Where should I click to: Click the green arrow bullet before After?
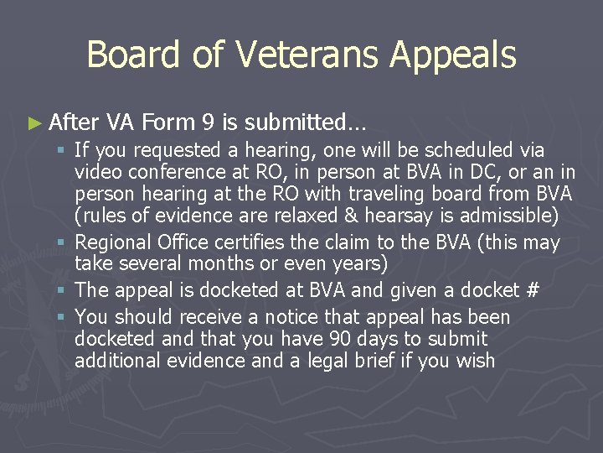click(x=33, y=123)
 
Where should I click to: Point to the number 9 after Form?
click(x=206, y=123)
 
